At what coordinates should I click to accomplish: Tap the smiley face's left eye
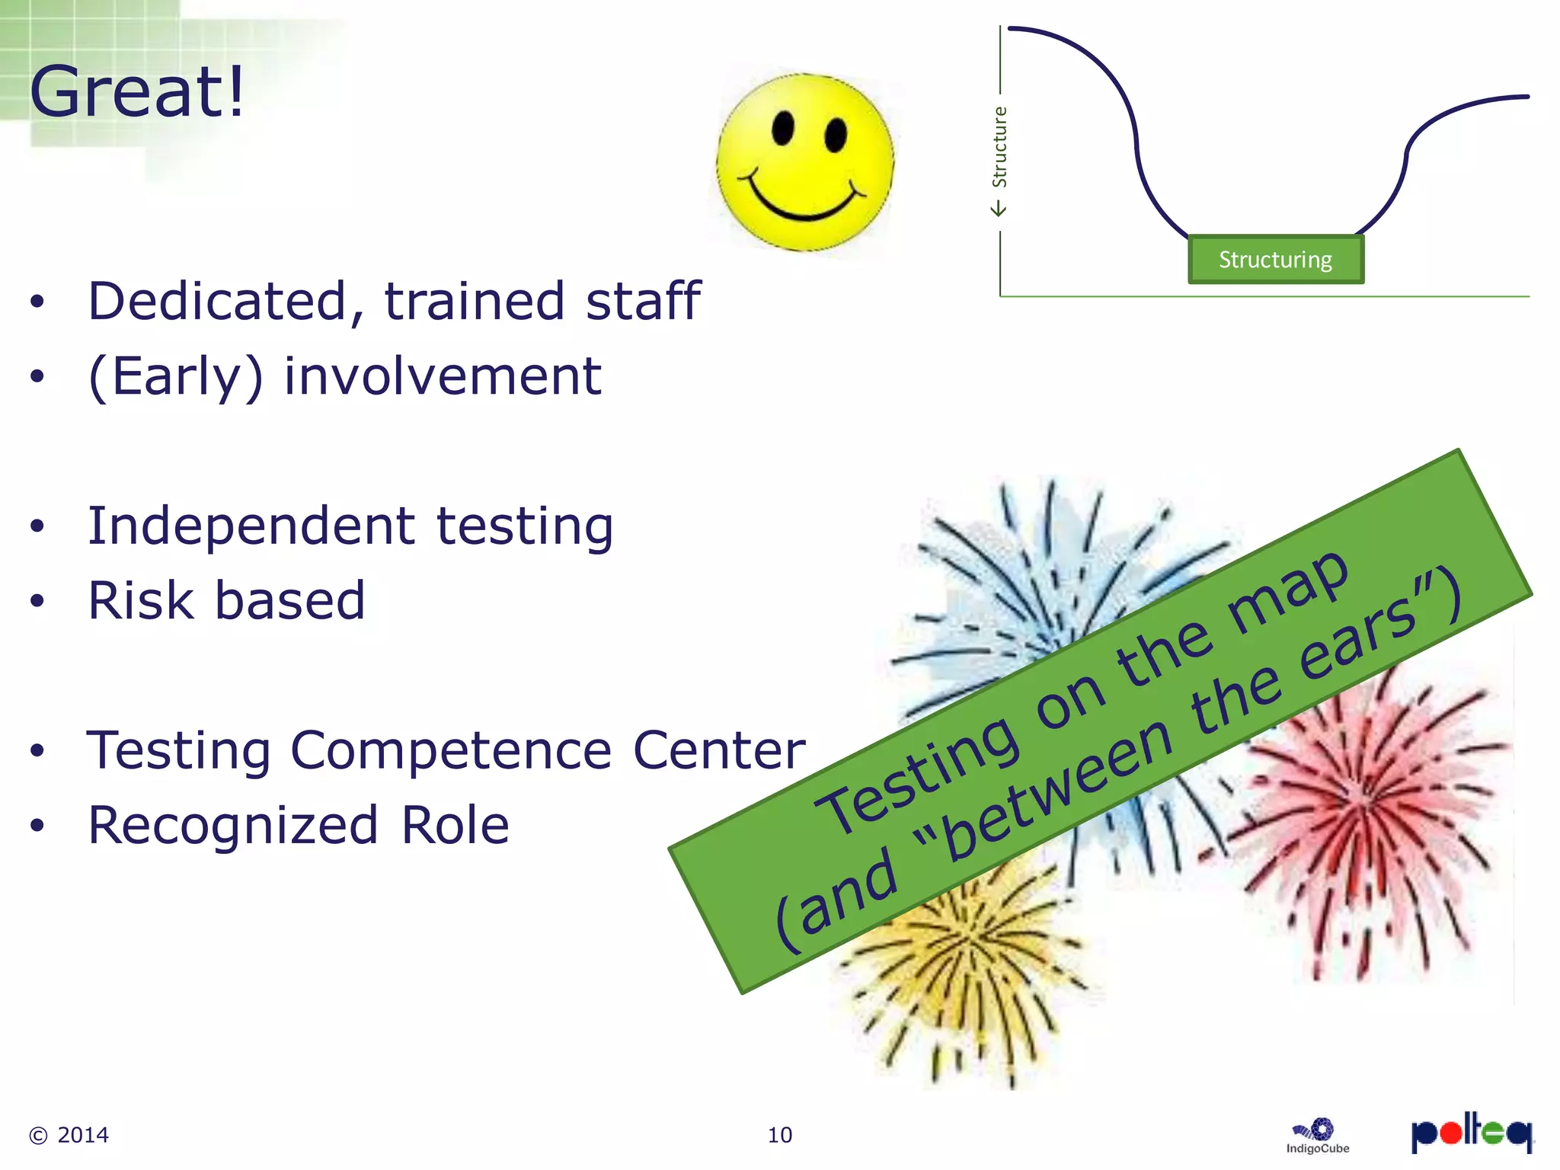pyautogui.click(x=783, y=128)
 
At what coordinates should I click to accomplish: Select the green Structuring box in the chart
pyautogui.click(x=1276, y=260)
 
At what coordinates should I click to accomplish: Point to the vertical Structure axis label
pyautogui.click(x=999, y=146)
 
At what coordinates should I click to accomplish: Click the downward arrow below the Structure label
pyautogui.click(x=999, y=208)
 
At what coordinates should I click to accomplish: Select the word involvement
pyautogui.click(x=443, y=376)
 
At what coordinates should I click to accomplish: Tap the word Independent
pyautogui.click(x=252, y=526)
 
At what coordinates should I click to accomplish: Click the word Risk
pyautogui.click(x=142, y=601)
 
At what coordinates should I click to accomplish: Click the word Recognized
pyautogui.click(x=233, y=826)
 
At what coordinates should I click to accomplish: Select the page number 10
pyautogui.click(x=779, y=1135)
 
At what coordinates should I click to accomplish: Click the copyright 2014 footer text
pyautogui.click(x=69, y=1135)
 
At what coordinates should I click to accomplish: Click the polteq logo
pyautogui.click(x=1472, y=1133)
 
